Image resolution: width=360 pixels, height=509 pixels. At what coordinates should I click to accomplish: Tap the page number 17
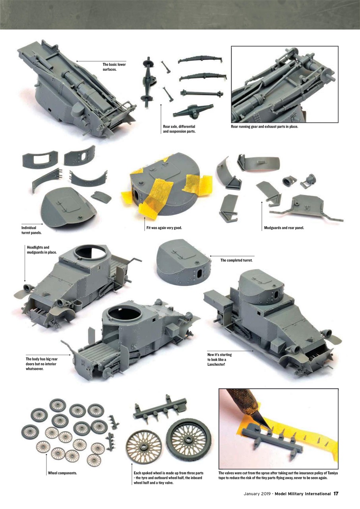[336, 493]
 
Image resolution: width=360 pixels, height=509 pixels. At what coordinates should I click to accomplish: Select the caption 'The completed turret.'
[236, 260]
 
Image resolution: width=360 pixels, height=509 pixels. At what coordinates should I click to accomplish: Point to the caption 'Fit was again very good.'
[164, 228]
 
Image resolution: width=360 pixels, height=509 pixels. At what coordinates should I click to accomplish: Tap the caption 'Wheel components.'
[62, 473]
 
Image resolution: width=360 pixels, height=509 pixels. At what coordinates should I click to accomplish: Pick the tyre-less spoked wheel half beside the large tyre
[143, 448]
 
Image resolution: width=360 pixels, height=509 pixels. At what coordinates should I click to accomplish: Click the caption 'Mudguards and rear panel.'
[284, 228]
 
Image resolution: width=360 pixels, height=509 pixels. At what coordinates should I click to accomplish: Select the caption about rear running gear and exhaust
[264, 127]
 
